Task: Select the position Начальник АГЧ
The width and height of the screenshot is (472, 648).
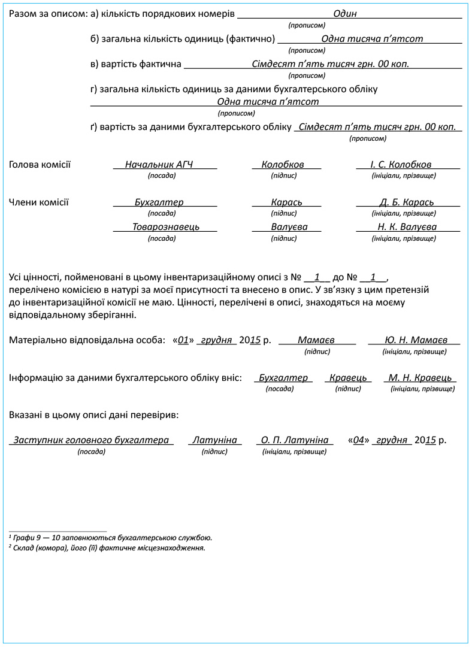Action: coord(159,164)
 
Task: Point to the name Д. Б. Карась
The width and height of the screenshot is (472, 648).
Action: coord(407,202)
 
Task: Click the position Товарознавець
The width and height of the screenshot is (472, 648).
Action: coord(166,227)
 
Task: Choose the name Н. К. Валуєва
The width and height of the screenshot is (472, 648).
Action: coord(407,227)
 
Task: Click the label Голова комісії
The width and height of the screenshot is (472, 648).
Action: coord(40,165)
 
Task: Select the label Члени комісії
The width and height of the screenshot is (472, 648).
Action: coord(39,202)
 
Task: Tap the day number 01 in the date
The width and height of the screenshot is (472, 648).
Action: coord(184,340)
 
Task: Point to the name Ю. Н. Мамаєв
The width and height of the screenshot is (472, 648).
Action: coord(416,340)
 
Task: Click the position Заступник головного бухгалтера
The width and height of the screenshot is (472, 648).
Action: coord(91,440)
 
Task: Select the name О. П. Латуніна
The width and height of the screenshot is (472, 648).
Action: coord(294,440)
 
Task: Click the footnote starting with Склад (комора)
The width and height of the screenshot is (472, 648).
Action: coord(107,547)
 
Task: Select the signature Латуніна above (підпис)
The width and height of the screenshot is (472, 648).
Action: coord(214,440)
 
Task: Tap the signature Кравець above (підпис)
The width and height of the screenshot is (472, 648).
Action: coord(348,378)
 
